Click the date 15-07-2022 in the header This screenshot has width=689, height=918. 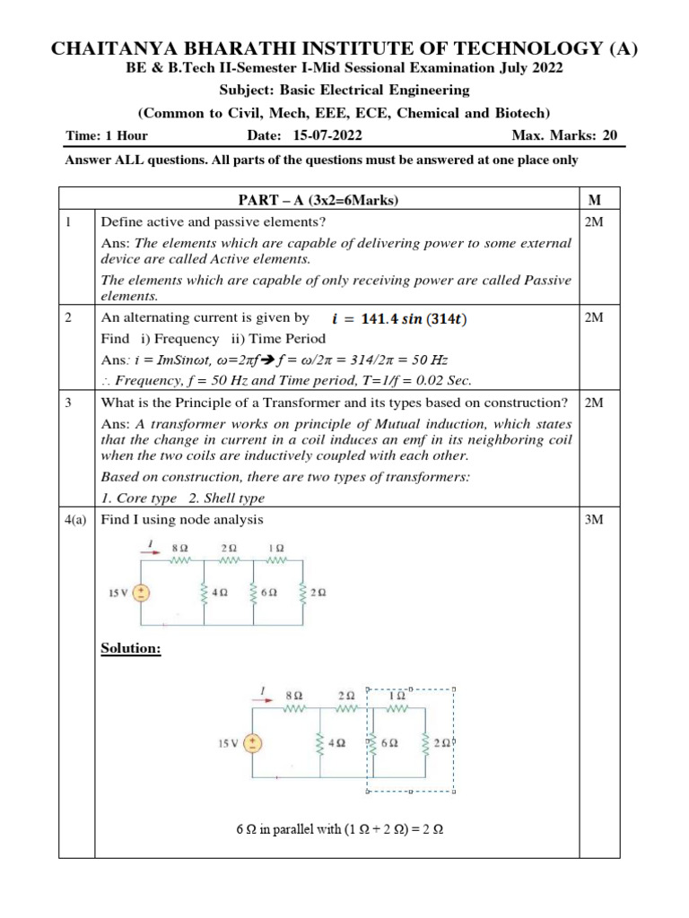point(327,136)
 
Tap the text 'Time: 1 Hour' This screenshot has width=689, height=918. point(107,136)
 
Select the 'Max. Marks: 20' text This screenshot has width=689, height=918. point(564,136)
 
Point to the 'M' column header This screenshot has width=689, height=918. point(593,198)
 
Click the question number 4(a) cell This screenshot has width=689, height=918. point(76,520)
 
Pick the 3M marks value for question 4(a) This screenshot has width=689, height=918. point(593,520)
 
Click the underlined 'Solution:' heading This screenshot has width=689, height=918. point(131,648)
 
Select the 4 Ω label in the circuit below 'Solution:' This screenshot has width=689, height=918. point(338,743)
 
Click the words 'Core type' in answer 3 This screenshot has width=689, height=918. point(144,498)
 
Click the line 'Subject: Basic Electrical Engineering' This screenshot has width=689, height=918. point(344,91)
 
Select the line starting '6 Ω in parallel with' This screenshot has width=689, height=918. point(340,830)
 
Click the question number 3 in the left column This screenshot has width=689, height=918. point(69,402)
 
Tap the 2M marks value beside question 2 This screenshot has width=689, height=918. point(593,317)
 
